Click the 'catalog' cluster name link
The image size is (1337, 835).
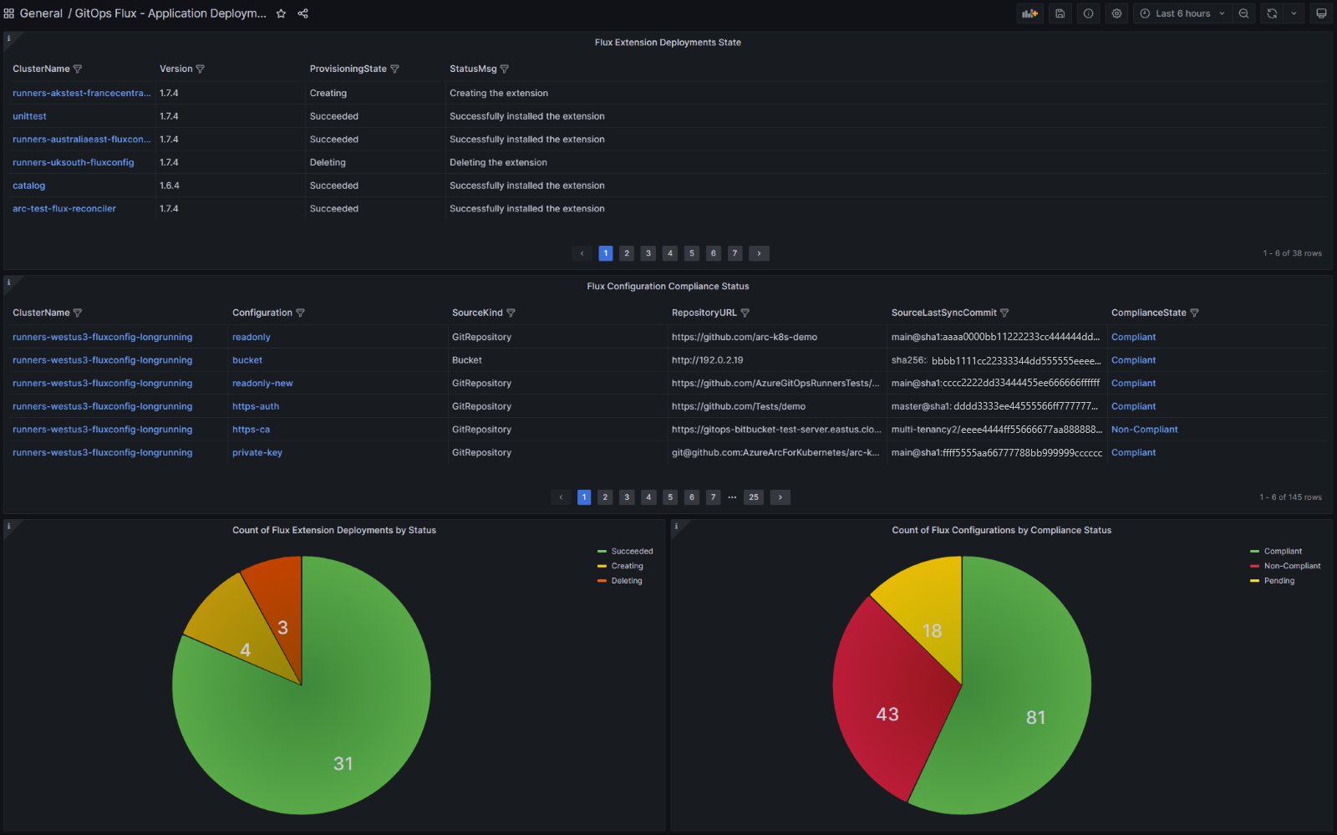pyautogui.click(x=29, y=186)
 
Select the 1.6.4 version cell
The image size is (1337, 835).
pyautogui.click(x=170, y=186)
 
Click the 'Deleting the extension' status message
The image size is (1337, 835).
pyautogui.click(x=498, y=163)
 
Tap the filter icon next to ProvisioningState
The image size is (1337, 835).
pyautogui.click(x=395, y=69)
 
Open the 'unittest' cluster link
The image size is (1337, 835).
pyautogui.click(x=29, y=116)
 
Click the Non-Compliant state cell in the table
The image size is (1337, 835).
pyautogui.click(x=1144, y=430)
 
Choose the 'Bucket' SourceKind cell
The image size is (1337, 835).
pyautogui.click(x=467, y=360)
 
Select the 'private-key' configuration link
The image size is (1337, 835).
pyautogui.click(x=257, y=453)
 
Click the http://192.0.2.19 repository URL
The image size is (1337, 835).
pyautogui.click(x=707, y=360)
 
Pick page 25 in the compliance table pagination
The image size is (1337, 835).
pyautogui.click(x=754, y=497)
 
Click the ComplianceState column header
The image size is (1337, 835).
pyautogui.click(x=1148, y=313)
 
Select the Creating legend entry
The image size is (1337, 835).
pyautogui.click(x=627, y=567)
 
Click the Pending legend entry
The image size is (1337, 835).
pyautogui.click(x=1279, y=581)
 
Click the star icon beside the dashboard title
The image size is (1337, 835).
pyautogui.click(x=282, y=13)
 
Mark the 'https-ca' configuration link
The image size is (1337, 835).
pyautogui.click(x=251, y=430)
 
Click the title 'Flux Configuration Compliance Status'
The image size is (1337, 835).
pyautogui.click(x=668, y=287)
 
